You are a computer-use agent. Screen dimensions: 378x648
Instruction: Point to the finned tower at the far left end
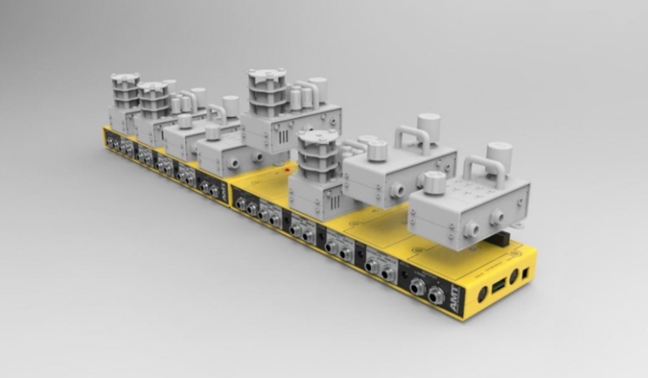click(125, 91)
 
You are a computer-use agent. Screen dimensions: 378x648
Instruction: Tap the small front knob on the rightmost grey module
click(434, 184)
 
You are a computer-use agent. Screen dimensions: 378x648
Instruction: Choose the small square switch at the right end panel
click(527, 270)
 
